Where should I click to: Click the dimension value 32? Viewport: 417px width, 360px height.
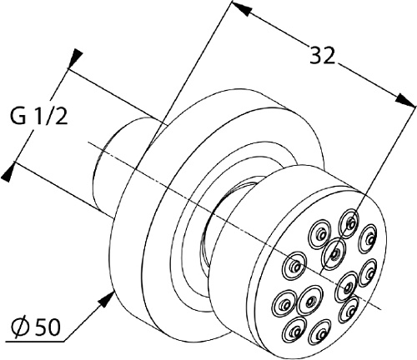point(322,55)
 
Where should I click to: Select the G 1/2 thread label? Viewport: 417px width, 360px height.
point(38,116)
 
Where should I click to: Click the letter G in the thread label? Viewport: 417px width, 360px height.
point(18,116)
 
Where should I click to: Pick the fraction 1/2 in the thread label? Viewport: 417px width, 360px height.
point(53,116)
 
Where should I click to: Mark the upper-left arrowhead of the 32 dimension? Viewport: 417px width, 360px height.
point(240,8)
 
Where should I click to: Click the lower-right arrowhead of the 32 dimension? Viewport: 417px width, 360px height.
point(406,100)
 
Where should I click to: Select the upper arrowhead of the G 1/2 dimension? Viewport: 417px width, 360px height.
point(75,58)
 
